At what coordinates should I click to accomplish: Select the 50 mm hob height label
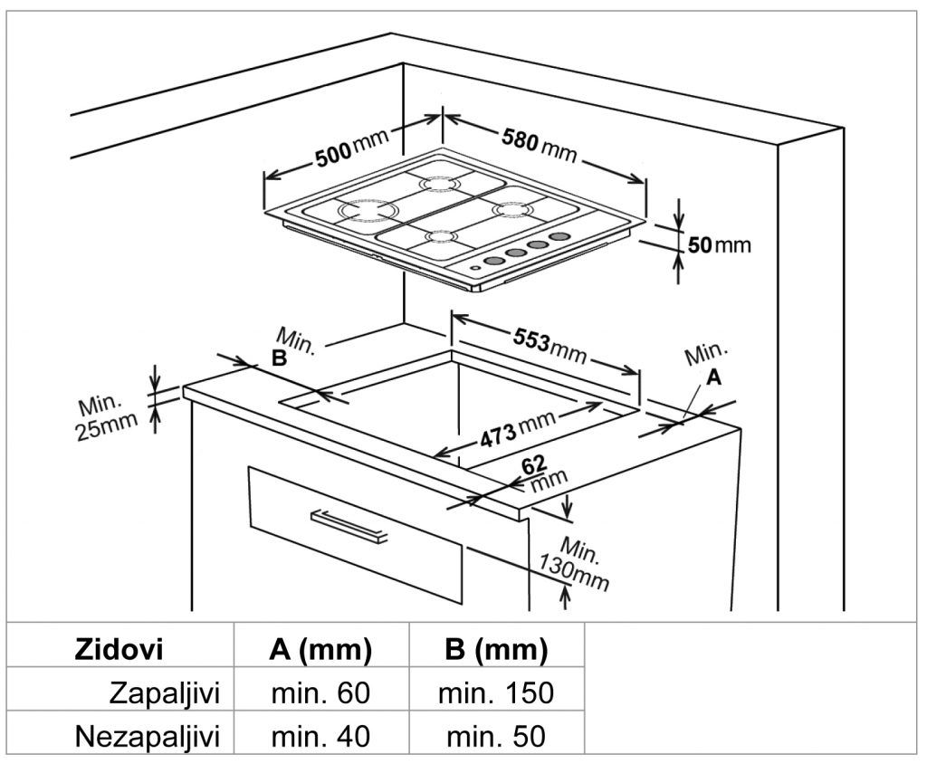719,244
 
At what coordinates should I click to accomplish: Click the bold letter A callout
714,378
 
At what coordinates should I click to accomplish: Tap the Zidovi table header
119,648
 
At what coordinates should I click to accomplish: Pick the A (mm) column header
320,648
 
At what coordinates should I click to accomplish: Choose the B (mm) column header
495,648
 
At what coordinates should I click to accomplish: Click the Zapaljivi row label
165,693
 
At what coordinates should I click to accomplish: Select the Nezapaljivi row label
148,736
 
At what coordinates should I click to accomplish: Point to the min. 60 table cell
320,693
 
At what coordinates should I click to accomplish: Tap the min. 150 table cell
495,693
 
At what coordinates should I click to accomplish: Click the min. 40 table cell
320,736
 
